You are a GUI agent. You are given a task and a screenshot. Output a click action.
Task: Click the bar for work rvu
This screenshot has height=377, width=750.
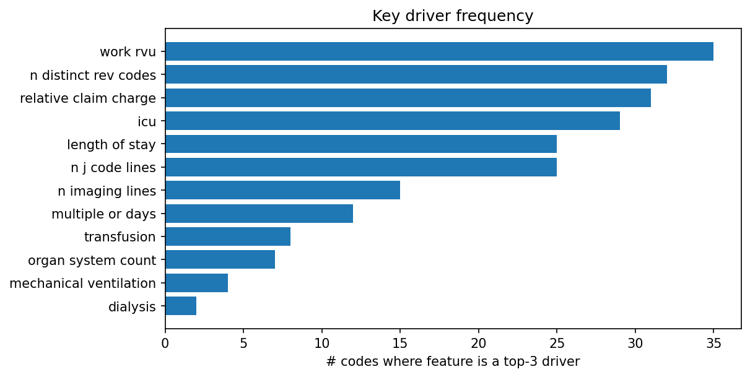point(439,51)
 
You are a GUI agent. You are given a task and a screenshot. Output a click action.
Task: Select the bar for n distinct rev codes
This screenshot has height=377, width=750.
point(416,74)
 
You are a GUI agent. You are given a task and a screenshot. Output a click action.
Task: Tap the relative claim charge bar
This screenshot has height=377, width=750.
point(408,98)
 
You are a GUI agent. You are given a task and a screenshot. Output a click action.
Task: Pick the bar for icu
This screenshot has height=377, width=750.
point(392,121)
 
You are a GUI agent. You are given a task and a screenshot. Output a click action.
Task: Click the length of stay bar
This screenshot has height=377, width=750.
point(360,144)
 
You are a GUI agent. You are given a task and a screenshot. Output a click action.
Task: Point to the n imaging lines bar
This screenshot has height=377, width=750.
point(282,190)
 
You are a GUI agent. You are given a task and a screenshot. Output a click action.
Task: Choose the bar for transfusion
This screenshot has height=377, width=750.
point(227,236)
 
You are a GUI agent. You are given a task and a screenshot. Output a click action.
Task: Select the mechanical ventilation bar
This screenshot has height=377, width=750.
point(196,283)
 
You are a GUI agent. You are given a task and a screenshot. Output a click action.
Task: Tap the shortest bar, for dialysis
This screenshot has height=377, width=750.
point(181,306)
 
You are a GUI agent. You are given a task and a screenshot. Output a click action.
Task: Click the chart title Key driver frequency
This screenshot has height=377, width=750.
point(453,16)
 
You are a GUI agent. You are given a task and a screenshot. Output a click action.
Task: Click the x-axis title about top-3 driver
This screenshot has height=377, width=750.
point(453,362)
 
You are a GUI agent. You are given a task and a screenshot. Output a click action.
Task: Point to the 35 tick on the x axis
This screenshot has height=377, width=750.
point(713,342)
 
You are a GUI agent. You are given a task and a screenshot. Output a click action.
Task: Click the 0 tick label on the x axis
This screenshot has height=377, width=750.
point(165,342)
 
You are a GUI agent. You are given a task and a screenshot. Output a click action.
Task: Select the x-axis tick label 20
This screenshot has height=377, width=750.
point(479,342)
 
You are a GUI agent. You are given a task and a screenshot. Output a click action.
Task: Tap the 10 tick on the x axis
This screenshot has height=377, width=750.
point(322,342)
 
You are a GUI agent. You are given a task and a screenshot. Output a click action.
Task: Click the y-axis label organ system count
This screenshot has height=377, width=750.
point(92,260)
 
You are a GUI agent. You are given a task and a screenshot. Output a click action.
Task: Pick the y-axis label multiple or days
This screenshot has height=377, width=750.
point(103,214)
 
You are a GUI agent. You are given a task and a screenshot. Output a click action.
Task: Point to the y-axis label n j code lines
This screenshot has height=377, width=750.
point(113,168)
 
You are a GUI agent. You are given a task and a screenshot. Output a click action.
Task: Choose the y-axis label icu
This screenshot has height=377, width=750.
point(147,121)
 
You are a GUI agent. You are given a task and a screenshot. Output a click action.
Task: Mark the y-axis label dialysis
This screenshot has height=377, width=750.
point(132,306)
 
